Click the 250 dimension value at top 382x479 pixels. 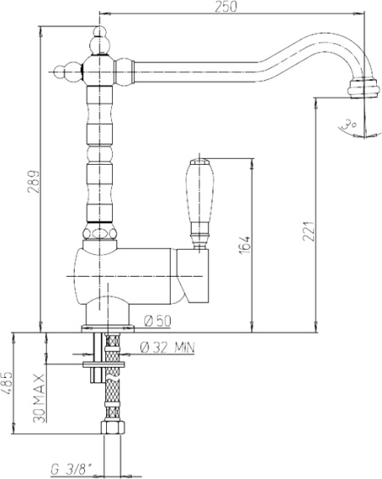226,7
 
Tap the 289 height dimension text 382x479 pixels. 33,182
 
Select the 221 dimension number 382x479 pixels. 309,231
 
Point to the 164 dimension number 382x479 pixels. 244,245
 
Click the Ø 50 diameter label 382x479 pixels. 158,321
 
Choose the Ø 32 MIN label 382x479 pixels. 167,347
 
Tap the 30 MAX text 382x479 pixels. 39,397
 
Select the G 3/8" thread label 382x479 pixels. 72,468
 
